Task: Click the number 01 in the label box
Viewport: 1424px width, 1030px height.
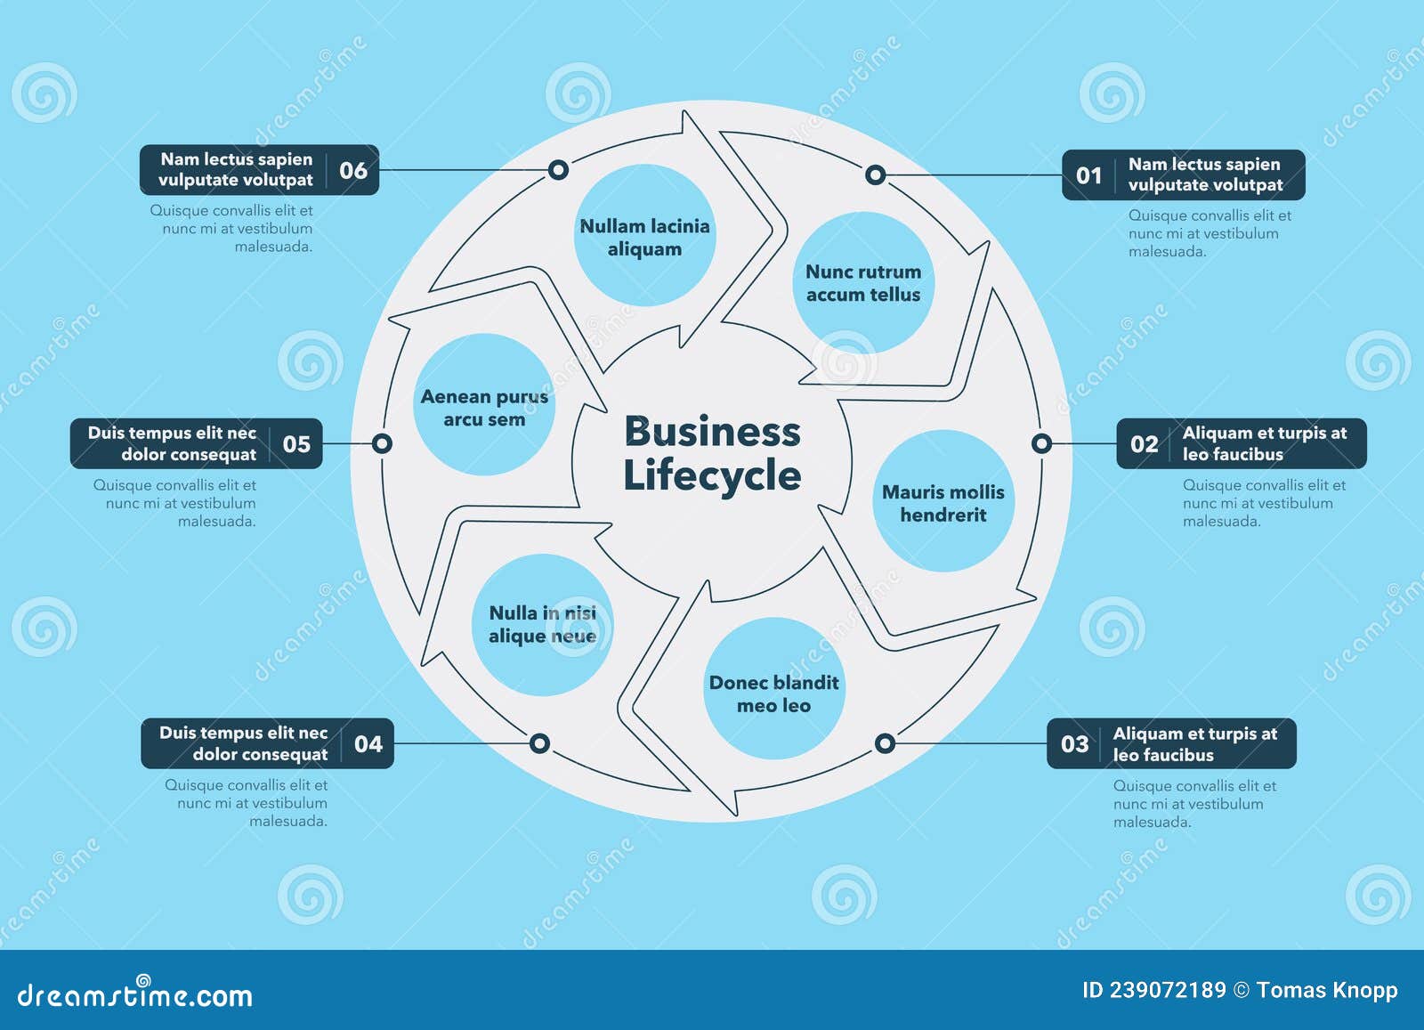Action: click(x=1088, y=175)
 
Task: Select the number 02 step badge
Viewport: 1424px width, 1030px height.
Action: click(x=1144, y=444)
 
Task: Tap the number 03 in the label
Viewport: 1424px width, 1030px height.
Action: click(x=1074, y=744)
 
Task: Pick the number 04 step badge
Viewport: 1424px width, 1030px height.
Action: click(x=368, y=744)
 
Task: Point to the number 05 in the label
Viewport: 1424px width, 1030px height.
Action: click(x=296, y=444)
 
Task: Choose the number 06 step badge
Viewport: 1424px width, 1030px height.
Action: click(x=353, y=170)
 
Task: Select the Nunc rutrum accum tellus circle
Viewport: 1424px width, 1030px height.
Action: click(x=862, y=283)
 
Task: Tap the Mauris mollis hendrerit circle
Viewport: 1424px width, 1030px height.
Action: click(x=943, y=502)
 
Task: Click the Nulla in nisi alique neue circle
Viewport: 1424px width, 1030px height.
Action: click(x=542, y=624)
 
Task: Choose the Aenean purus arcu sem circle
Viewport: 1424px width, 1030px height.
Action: click(x=484, y=407)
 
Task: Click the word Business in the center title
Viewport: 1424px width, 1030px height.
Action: click(x=712, y=432)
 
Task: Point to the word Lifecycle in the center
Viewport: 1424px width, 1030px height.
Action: click(x=712, y=475)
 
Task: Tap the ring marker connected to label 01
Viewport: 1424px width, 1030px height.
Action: click(x=875, y=174)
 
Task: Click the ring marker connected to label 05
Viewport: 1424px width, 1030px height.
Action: click(x=382, y=443)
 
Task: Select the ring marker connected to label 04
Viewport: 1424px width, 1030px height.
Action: click(x=539, y=743)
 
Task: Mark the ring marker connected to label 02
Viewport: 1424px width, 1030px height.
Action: click(x=1041, y=443)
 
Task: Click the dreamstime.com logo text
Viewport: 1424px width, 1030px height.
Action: click(x=135, y=994)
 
